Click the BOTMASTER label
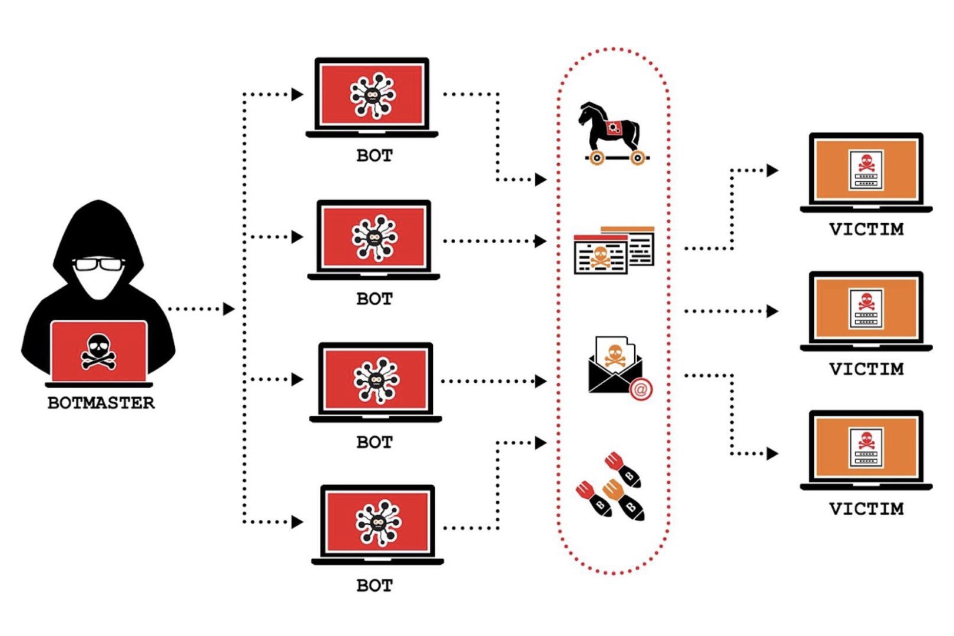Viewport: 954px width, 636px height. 101,403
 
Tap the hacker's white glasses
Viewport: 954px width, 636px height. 99,264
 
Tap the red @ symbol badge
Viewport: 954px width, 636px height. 641,389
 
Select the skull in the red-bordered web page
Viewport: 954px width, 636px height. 600,256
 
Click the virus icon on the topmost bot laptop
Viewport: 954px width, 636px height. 372,95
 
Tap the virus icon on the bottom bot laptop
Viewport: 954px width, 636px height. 378,522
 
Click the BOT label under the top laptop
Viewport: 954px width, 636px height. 375,156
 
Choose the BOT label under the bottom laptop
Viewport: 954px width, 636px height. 375,586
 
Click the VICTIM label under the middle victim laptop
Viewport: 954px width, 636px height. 866,369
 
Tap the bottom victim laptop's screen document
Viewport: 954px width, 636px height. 866,448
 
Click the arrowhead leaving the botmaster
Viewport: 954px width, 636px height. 228,309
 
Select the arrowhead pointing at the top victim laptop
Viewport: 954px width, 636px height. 772,171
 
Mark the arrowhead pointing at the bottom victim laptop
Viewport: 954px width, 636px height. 772,453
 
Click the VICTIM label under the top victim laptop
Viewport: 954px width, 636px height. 866,229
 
